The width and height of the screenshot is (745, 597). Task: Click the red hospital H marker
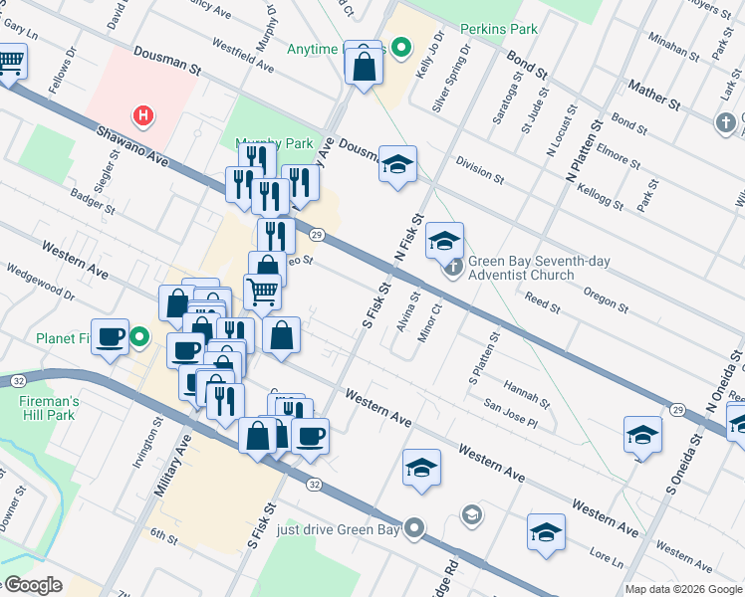coord(144,115)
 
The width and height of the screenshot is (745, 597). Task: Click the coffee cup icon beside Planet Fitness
coord(110,336)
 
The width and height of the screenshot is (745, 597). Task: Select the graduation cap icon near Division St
coord(397,165)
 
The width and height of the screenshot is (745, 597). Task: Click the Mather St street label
coord(653,97)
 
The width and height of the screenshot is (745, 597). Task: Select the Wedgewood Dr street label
coord(40,282)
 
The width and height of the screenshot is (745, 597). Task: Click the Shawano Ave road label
coord(130,144)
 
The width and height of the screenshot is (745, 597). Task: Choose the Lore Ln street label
coord(606,555)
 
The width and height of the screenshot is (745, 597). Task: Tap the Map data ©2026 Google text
coord(683,589)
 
